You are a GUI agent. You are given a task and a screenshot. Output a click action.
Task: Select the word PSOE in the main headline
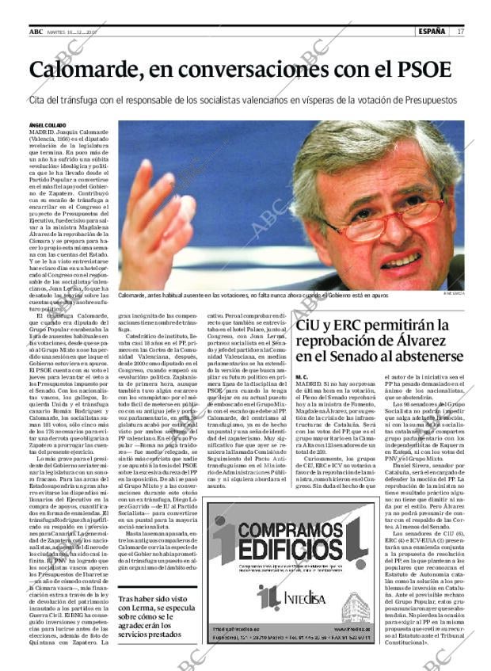coord(422,69)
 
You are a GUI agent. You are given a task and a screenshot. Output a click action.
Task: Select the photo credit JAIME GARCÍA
coord(454,293)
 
